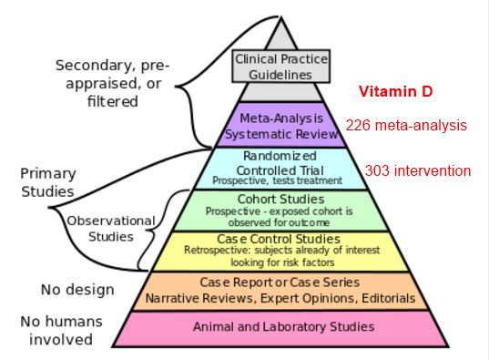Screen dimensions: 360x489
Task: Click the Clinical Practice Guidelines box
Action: click(x=280, y=65)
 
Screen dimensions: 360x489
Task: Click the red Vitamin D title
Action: click(x=394, y=92)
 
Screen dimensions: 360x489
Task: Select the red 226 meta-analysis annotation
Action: click(x=406, y=125)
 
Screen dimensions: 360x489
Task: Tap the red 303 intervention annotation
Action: click(x=418, y=170)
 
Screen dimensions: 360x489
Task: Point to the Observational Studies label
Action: click(x=100, y=228)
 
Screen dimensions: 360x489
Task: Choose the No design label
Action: click(x=77, y=291)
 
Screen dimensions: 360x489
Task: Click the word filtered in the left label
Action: click(x=111, y=102)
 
